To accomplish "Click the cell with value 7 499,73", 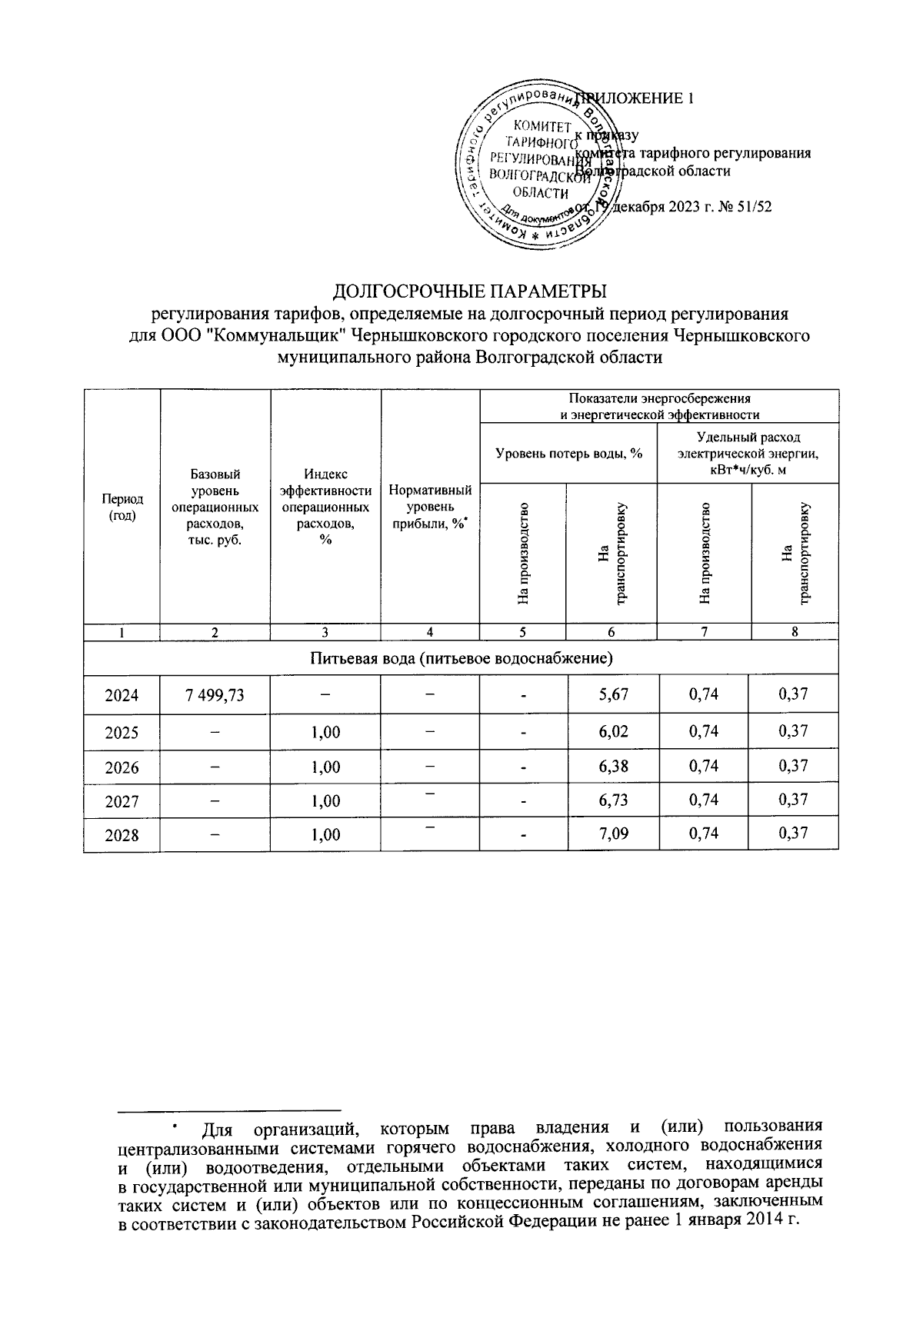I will (215, 695).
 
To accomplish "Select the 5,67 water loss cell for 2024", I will (613, 695).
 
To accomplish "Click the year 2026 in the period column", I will (122, 766).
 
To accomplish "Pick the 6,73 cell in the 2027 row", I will (613, 800).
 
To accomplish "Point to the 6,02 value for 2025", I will (613, 731).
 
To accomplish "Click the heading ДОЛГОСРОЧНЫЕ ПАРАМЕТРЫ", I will (469, 292).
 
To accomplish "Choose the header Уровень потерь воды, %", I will (568, 454).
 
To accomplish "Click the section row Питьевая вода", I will (461, 658).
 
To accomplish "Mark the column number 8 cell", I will (795, 632).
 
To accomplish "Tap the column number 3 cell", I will (325, 632).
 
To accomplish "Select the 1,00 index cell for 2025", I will (325, 731).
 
